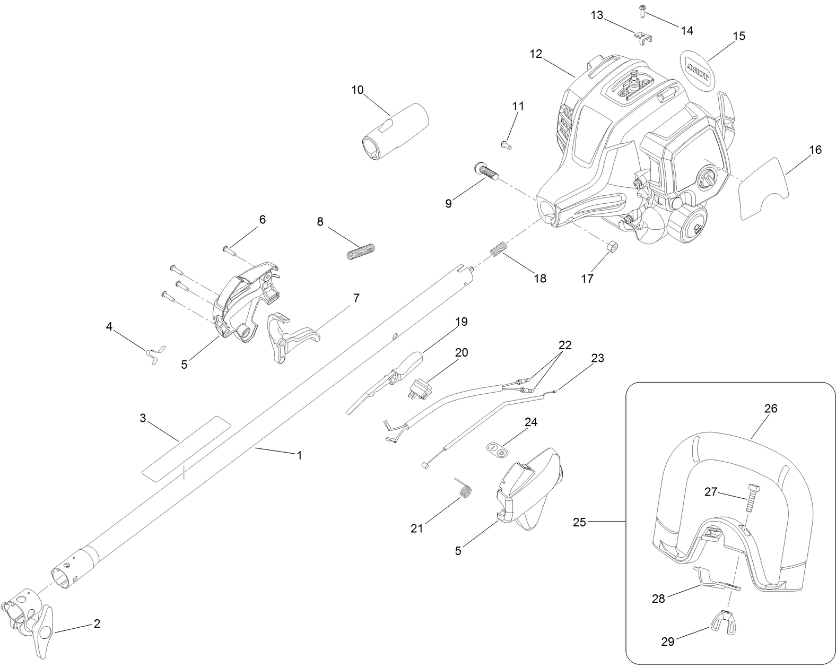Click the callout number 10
358,90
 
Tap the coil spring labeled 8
361,251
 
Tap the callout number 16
815,150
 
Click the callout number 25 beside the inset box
579,522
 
